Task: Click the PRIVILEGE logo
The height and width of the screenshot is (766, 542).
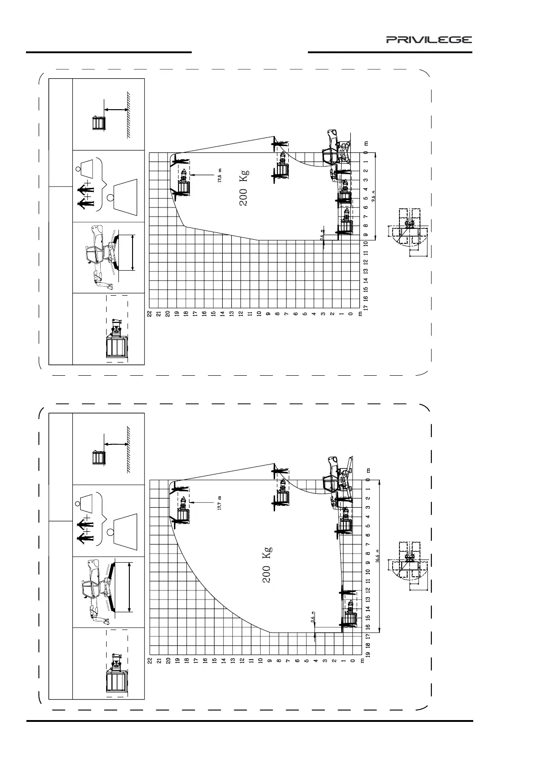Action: click(429, 40)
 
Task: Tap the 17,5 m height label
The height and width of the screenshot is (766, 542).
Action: click(220, 175)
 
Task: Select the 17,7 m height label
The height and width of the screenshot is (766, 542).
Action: click(220, 503)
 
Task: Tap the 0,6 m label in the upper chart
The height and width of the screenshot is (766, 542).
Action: click(322, 235)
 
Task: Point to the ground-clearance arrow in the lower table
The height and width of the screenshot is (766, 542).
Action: click(117, 444)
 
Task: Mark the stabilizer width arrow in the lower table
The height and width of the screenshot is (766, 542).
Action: click(130, 587)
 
